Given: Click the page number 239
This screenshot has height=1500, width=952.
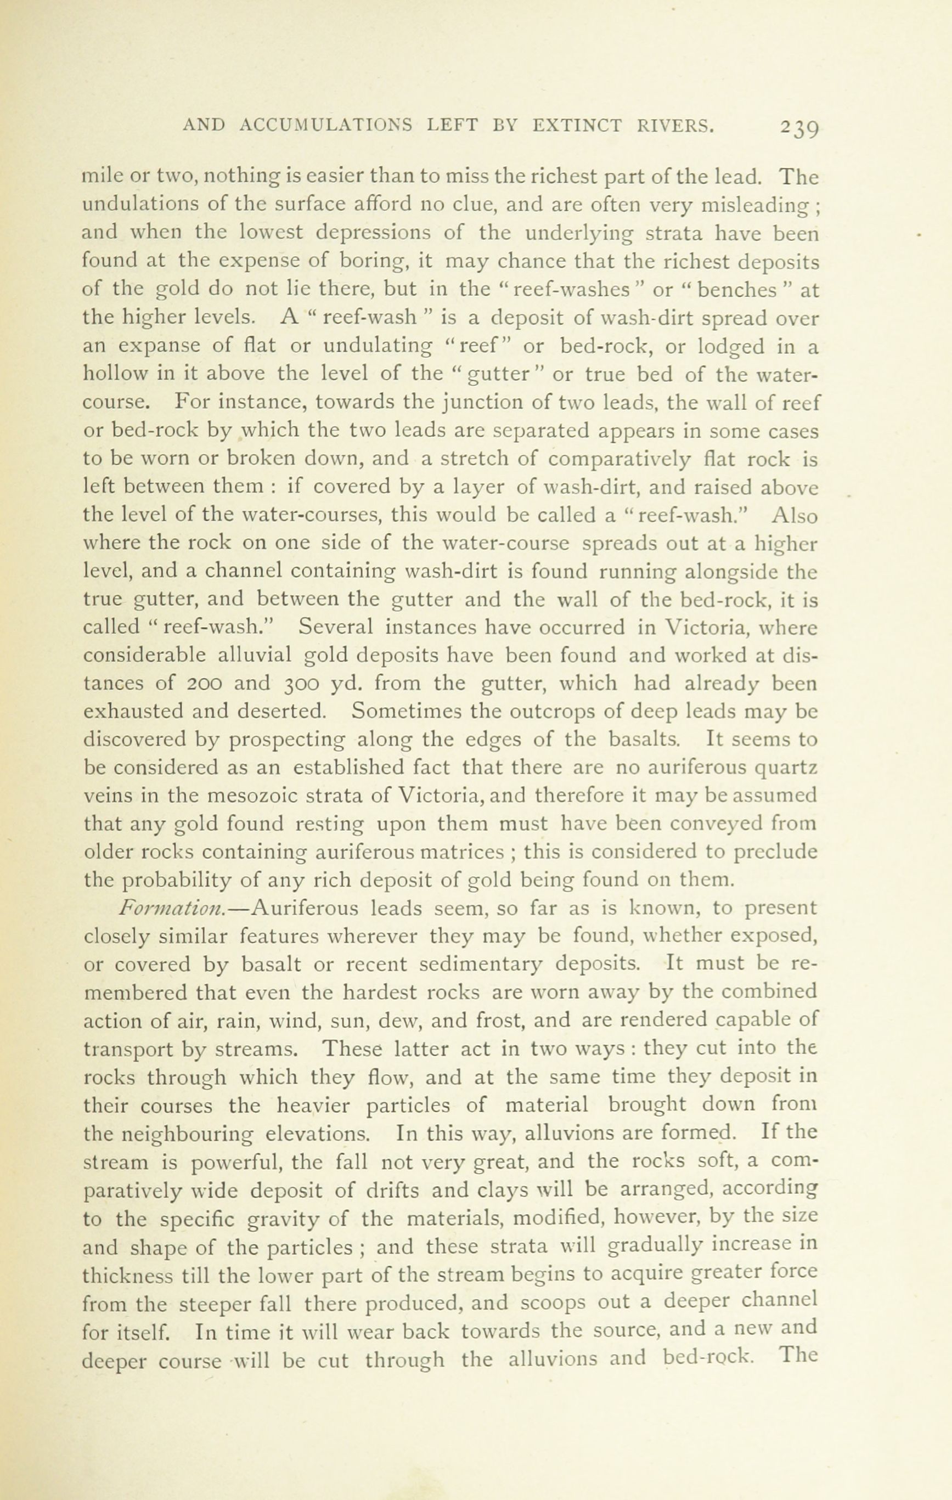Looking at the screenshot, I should point(797,128).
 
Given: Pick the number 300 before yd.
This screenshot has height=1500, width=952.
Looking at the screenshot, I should point(303,684).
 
